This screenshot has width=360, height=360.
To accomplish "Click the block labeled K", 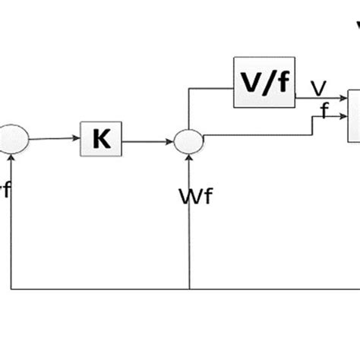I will [x=101, y=140].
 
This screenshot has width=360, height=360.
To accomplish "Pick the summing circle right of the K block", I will [x=188, y=141].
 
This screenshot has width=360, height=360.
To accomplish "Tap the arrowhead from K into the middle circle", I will [x=172, y=141].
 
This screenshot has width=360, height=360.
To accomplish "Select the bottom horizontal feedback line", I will [x=182, y=289].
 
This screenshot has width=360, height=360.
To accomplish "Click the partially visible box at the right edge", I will [x=354, y=115].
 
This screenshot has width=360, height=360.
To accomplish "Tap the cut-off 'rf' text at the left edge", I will [x=5, y=190].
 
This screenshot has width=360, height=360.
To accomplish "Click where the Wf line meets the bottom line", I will [x=188, y=289].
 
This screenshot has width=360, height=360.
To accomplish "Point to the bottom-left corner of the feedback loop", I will [x=12, y=289].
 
